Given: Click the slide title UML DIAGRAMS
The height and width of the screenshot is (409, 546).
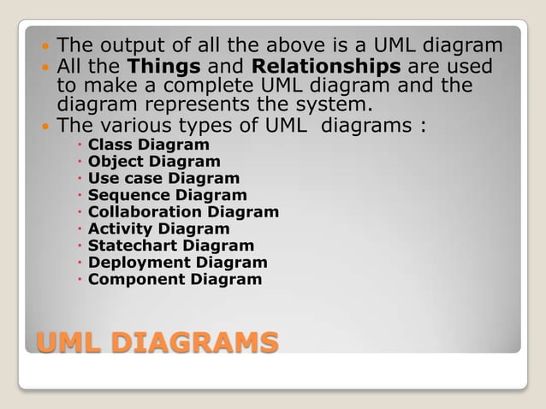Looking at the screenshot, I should (157, 343).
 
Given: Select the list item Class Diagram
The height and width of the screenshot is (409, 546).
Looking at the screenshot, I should (148, 144).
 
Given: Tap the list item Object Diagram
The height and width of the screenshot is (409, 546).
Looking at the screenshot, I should (154, 161).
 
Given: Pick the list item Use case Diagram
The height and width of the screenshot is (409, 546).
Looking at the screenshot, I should (163, 178).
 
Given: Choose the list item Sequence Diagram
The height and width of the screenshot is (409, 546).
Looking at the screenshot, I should (167, 195).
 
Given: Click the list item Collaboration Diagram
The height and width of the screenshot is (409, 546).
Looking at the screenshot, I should (183, 211).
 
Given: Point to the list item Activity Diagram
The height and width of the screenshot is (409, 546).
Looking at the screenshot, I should (158, 228).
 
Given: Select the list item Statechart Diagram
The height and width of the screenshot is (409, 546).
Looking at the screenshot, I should (171, 246).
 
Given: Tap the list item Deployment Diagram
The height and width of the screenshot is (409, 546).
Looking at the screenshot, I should (177, 263).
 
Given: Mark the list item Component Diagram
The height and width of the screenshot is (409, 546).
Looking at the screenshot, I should (175, 279).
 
